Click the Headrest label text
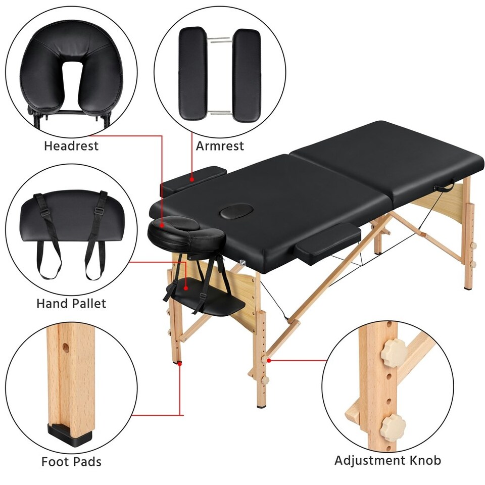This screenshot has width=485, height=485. point(71,147)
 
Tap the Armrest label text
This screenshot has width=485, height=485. point(220,146)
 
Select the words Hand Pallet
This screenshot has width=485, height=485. point(71,303)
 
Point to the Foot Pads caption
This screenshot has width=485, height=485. point(71,461)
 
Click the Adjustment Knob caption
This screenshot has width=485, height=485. point(387,460)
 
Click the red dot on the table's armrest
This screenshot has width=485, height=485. point(192,178)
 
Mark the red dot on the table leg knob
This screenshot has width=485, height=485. point(270,360)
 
